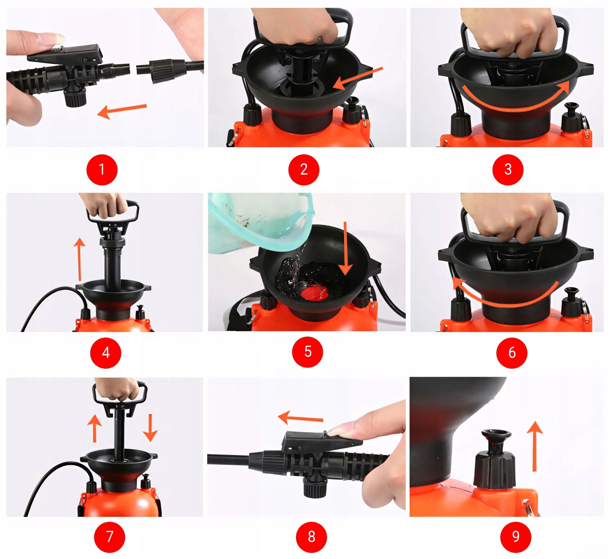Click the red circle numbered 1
tap(102, 170)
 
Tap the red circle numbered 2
tap(304, 170)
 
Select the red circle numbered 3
tap(508, 170)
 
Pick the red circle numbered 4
tap(106, 353)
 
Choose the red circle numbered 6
tap(512, 353)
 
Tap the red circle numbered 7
tap(109, 537)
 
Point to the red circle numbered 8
tap(311, 537)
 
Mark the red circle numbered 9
tap(516, 537)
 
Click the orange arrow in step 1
tap(122, 111)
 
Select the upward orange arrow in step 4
tap(80, 259)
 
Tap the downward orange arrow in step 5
tap(345, 249)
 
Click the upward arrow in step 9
tap(535, 446)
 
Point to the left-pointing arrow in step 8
tap(301, 418)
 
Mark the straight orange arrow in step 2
tap(358, 79)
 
